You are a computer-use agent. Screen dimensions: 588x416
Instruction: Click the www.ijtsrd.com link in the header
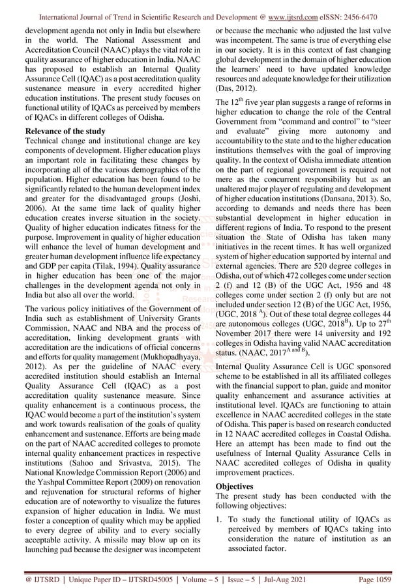[299, 9]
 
